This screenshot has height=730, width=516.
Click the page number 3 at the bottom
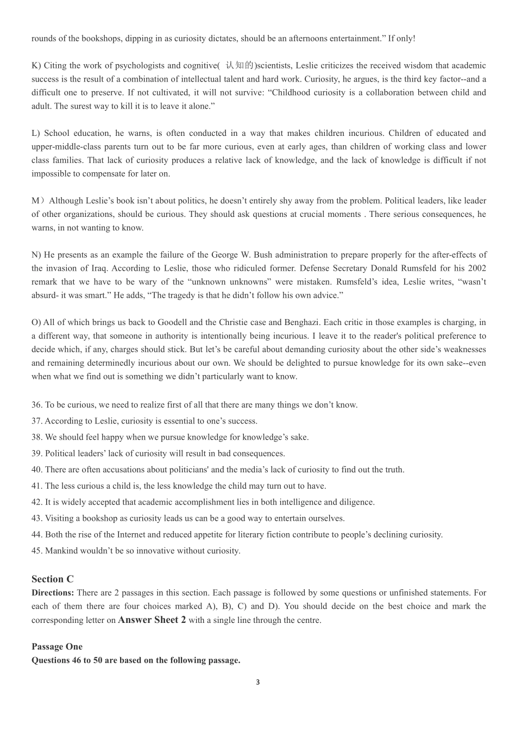[257, 682]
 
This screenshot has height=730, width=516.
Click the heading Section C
[53, 579]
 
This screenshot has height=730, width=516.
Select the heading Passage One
[57, 646]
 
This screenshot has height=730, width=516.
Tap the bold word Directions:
[53, 592]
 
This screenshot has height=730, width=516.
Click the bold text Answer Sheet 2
[152, 620]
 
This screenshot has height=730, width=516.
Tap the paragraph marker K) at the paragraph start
[36, 66]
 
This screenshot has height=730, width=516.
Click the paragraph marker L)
[36, 133]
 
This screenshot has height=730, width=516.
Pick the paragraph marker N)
[36, 255]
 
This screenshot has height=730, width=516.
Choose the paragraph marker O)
[36, 322]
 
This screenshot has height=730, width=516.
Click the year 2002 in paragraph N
[476, 269]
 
